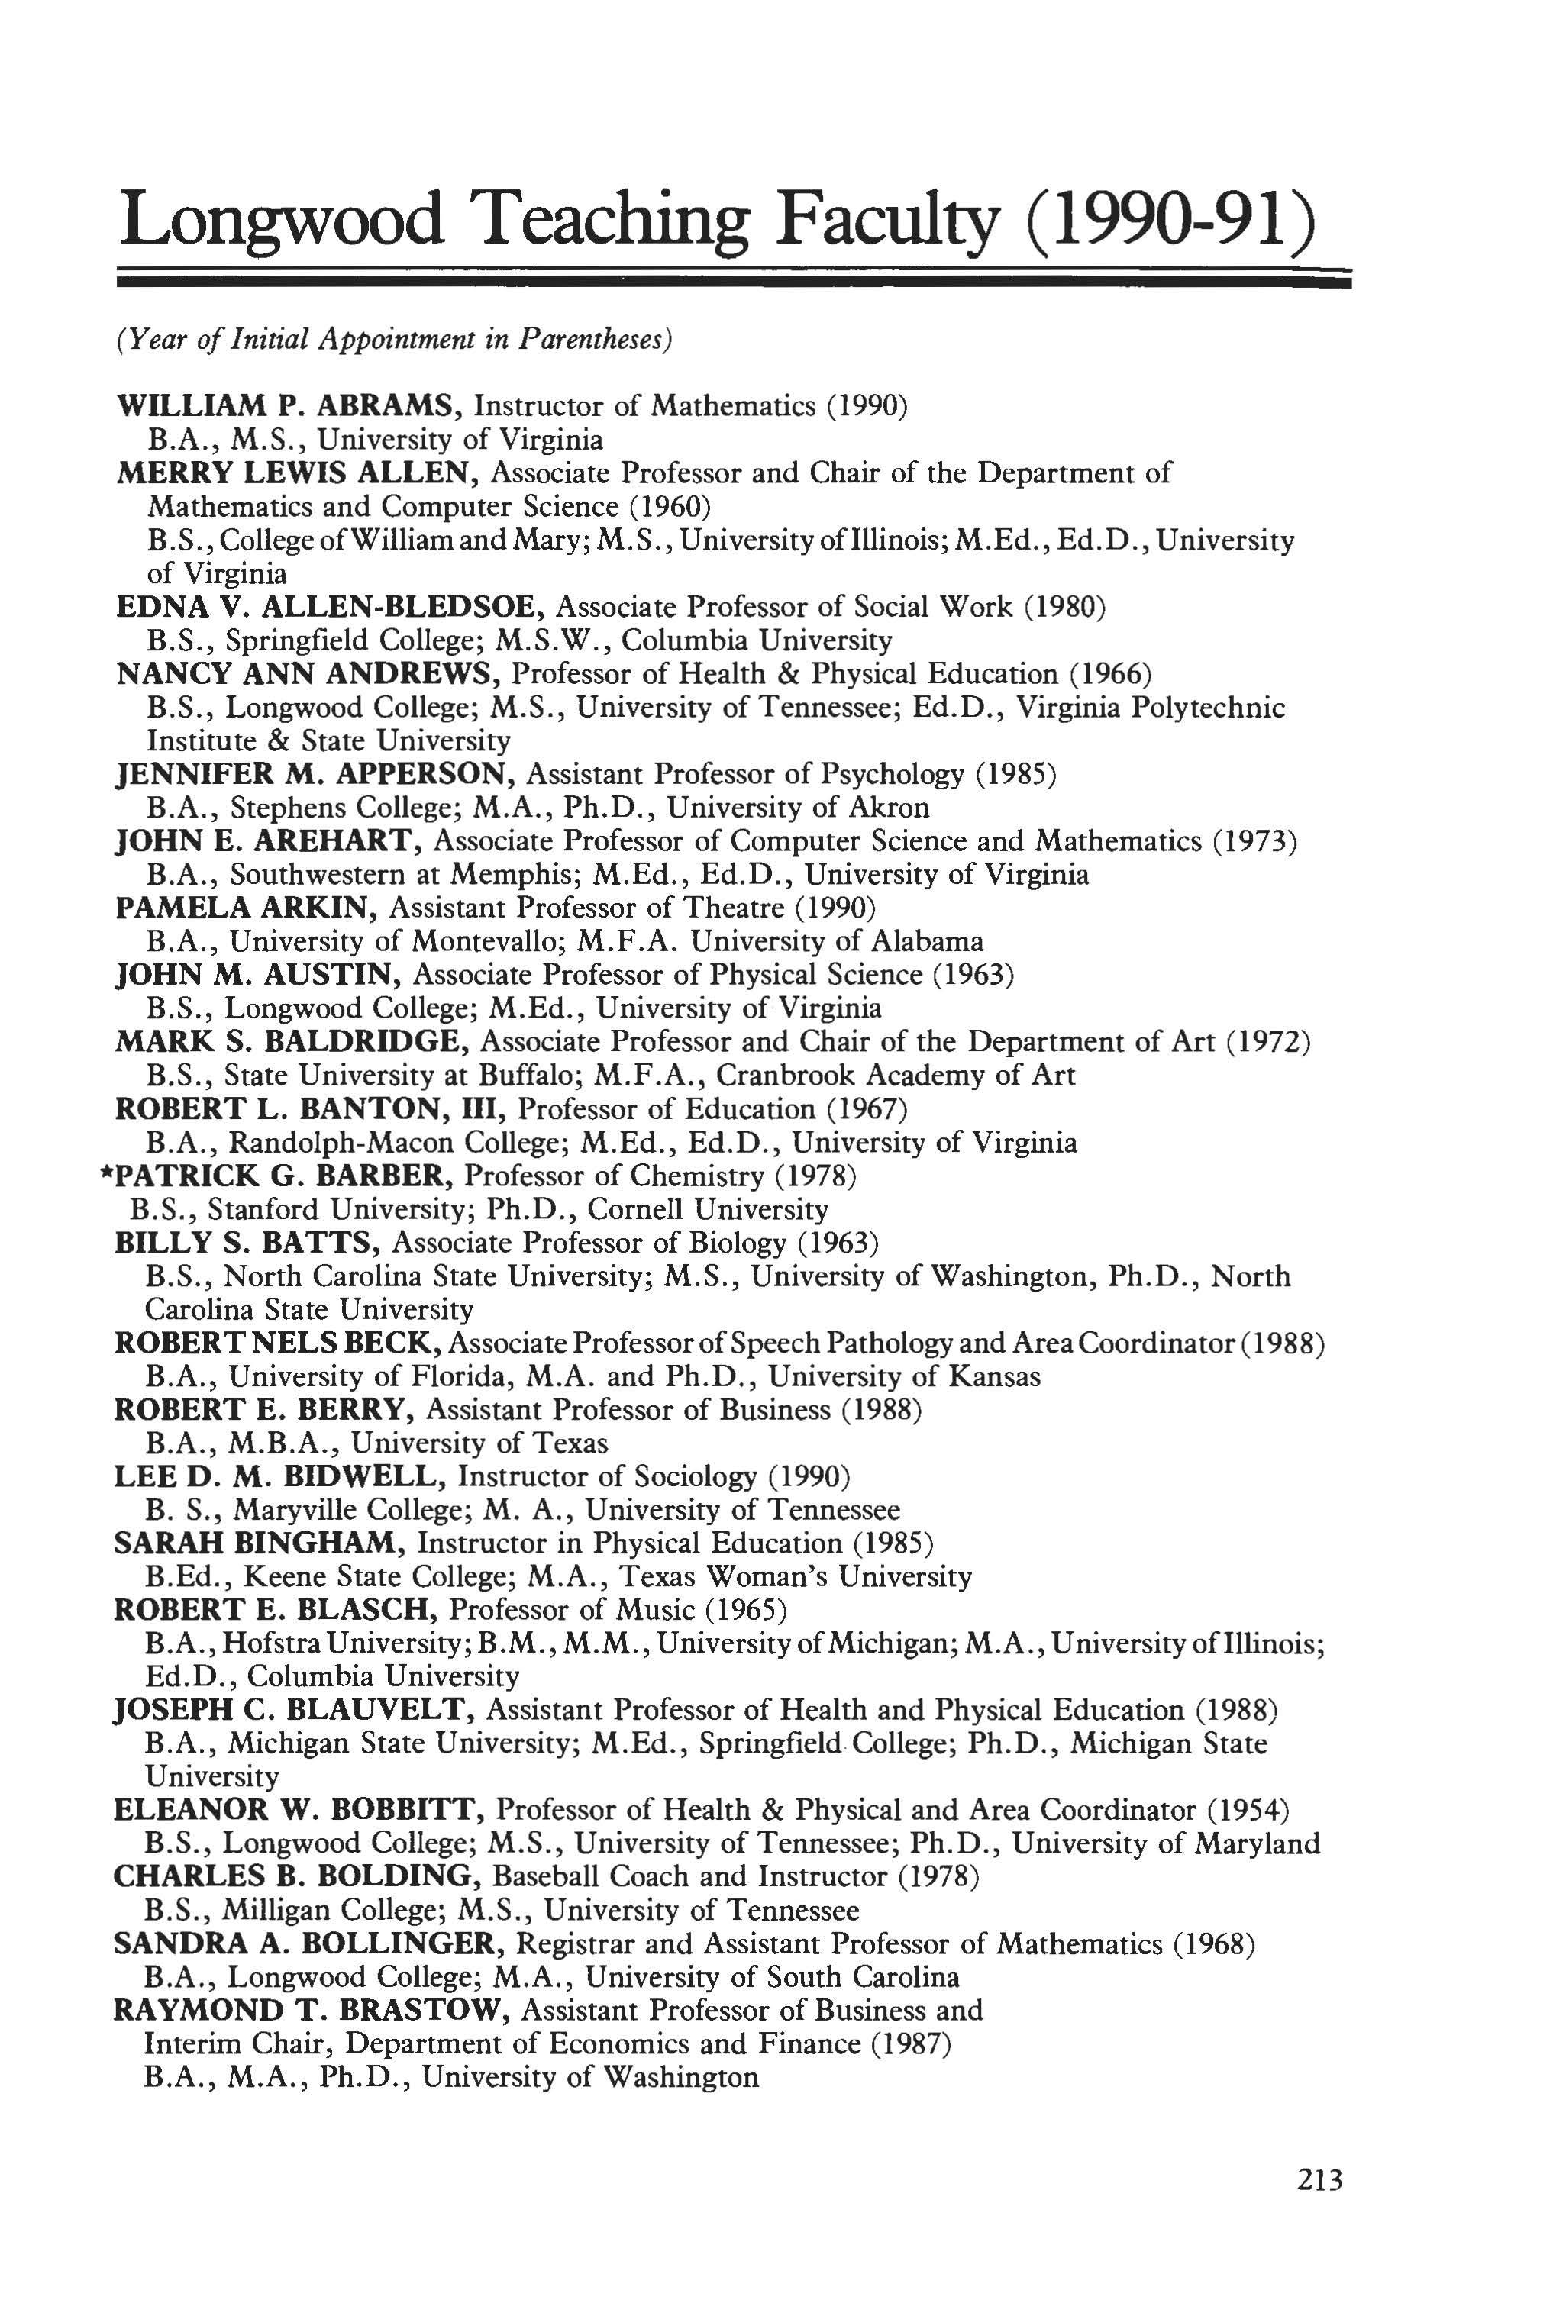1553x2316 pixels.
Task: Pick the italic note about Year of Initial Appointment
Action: coord(394,339)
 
